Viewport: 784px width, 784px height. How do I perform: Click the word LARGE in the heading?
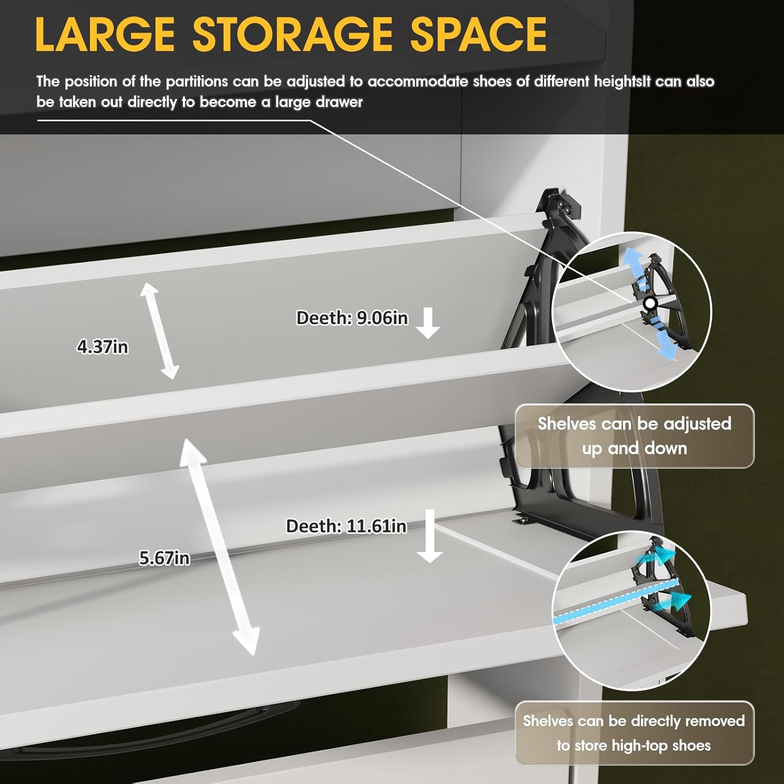pos(105,34)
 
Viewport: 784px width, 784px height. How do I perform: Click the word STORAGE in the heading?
pos(293,34)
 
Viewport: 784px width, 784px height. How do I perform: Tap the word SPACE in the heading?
pos(478,34)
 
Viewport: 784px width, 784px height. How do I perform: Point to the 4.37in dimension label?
pos(102,347)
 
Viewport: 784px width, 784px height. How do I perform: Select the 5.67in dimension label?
pos(164,558)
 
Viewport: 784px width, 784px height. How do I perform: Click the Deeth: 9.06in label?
pos(352,318)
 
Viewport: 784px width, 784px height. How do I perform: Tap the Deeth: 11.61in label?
pos(346,526)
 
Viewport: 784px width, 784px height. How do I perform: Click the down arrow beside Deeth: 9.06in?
pos(428,323)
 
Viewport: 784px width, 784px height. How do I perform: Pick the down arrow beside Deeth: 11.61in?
pos(430,536)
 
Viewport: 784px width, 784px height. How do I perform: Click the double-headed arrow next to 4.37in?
pos(159,331)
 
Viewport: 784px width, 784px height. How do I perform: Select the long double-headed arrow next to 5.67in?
pos(220,547)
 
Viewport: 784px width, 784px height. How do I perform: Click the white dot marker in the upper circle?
pos(650,303)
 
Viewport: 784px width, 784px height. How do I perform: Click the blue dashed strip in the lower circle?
pos(615,601)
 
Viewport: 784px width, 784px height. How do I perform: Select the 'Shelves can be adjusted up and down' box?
pos(635,436)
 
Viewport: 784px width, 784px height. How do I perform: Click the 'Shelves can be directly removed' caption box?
pos(635,733)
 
